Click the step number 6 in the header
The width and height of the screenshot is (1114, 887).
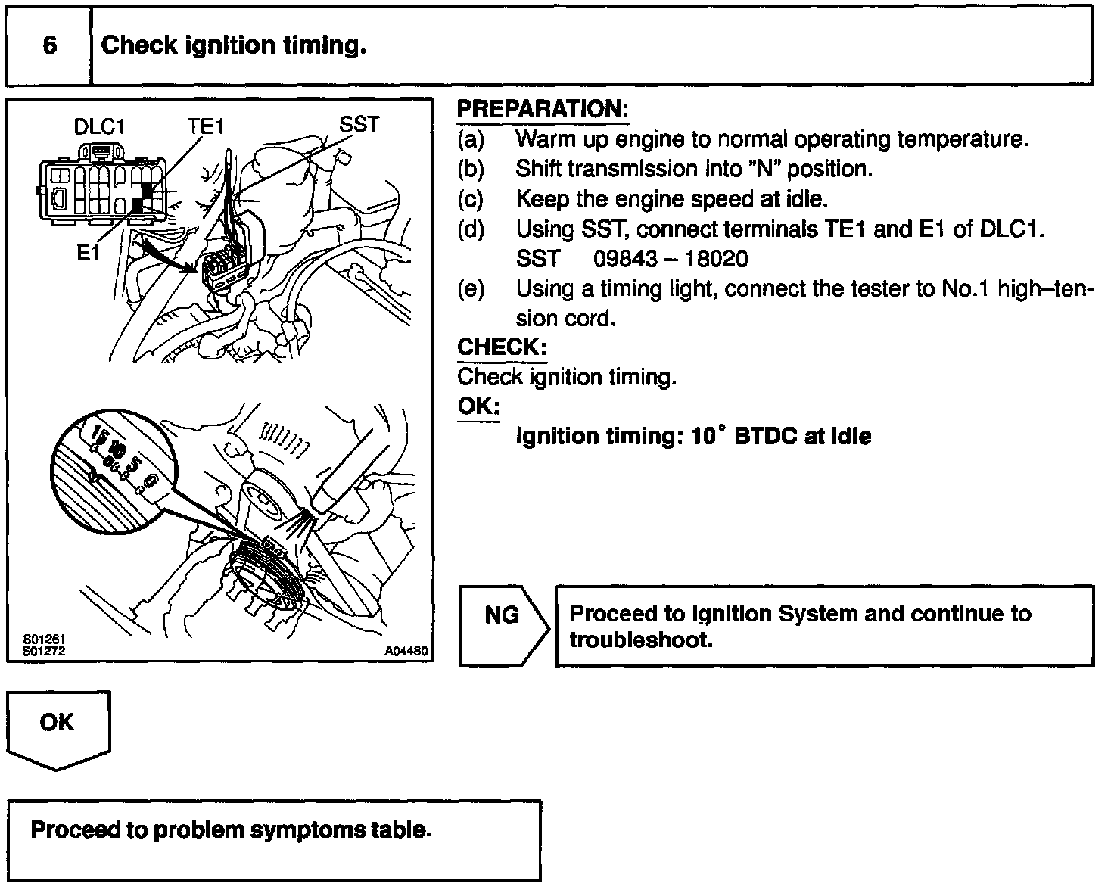click(x=49, y=46)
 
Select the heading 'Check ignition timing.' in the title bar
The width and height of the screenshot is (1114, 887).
click(x=233, y=46)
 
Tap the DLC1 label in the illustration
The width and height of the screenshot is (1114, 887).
click(x=99, y=127)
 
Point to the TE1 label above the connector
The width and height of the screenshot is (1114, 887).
click(x=205, y=127)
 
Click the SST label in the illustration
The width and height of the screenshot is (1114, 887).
click(x=358, y=125)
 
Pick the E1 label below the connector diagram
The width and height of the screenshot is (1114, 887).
click(x=88, y=254)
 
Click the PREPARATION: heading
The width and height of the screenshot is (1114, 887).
click(x=543, y=110)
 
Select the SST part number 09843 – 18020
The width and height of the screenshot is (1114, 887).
click(x=671, y=260)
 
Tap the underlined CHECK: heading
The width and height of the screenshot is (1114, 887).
click(x=502, y=347)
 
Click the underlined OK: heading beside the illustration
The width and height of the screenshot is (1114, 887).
click(x=478, y=406)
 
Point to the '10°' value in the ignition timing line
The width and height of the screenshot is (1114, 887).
click(x=709, y=437)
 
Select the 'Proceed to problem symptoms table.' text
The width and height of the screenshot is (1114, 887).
click(x=231, y=830)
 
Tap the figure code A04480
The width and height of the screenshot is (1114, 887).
click(x=406, y=652)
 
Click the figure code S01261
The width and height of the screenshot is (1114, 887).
click(x=43, y=641)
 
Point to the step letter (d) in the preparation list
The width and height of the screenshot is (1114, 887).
click(x=471, y=229)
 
